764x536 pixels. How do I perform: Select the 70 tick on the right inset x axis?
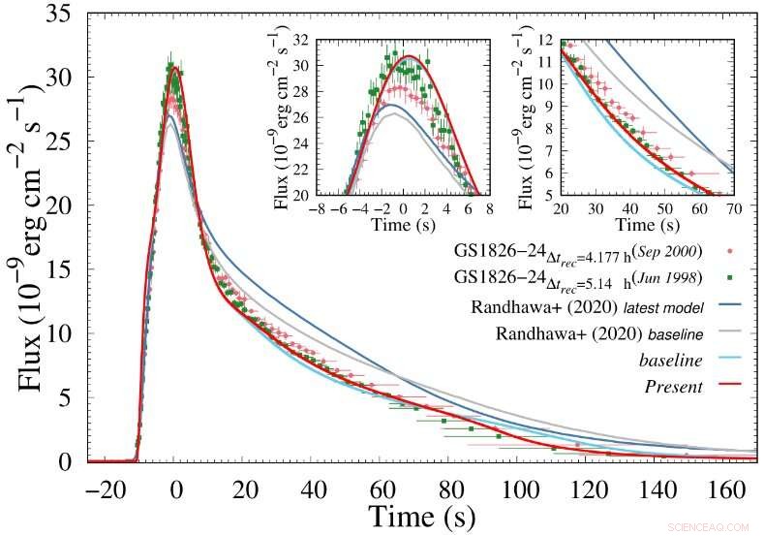(732, 206)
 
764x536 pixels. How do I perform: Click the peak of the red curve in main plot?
(174, 68)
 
